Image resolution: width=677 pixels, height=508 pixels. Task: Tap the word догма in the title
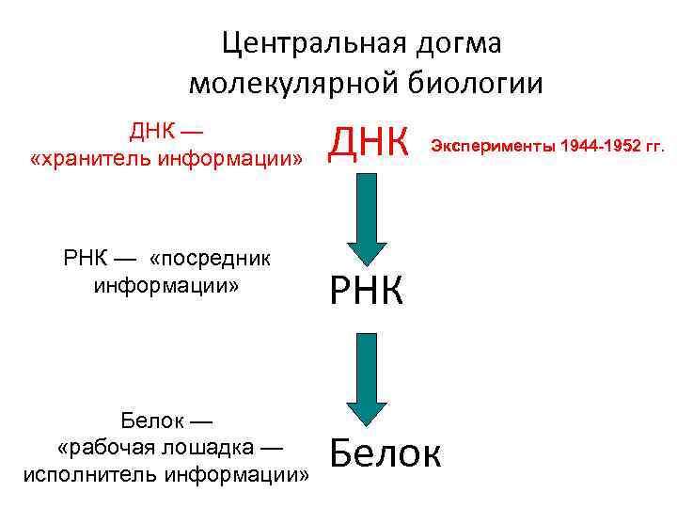point(459,43)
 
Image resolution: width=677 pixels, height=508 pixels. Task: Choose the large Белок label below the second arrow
point(385,454)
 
